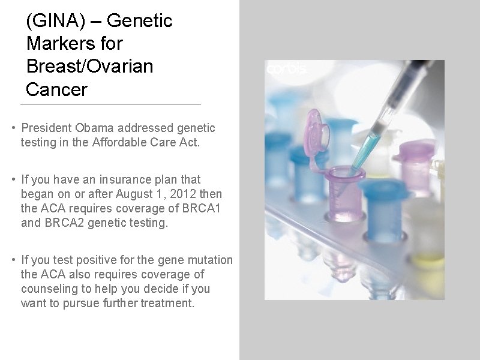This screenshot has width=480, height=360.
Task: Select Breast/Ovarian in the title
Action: coord(90,67)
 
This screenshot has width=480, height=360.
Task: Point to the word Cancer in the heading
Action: coord(56,89)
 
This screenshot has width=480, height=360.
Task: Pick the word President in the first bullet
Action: coord(47,128)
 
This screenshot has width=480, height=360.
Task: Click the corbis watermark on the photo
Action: coord(286,70)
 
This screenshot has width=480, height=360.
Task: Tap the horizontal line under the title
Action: coord(110,105)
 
